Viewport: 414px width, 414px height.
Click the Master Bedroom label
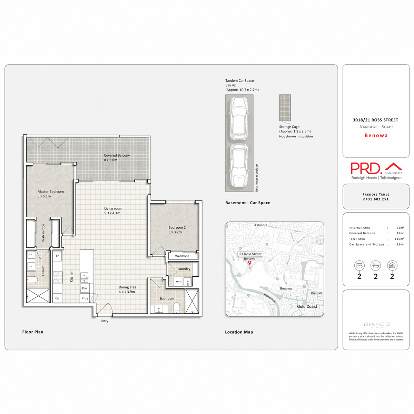click(x=50, y=191)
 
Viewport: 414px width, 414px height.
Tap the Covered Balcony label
click(x=117, y=155)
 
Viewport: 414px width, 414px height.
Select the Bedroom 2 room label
click(x=177, y=227)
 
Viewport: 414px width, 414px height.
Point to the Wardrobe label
click(x=182, y=256)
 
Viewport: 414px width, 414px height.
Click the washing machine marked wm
click(x=178, y=282)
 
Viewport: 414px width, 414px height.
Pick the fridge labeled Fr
click(x=57, y=256)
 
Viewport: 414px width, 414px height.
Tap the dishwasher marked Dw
click(x=85, y=288)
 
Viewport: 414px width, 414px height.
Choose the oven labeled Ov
click(x=57, y=298)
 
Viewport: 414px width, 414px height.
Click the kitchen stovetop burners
click(x=58, y=277)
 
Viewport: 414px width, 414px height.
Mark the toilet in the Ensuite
click(x=33, y=279)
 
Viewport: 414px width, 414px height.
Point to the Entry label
click(x=104, y=321)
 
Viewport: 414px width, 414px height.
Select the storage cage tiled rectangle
click(x=285, y=108)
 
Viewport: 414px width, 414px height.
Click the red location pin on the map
click(x=250, y=263)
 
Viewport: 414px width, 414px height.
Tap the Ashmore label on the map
click(x=260, y=225)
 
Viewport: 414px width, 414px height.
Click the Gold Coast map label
click(x=307, y=306)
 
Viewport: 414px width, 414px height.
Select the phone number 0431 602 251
click(x=376, y=199)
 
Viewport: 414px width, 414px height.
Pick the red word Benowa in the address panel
click(x=376, y=136)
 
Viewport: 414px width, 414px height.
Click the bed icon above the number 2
click(x=359, y=266)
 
